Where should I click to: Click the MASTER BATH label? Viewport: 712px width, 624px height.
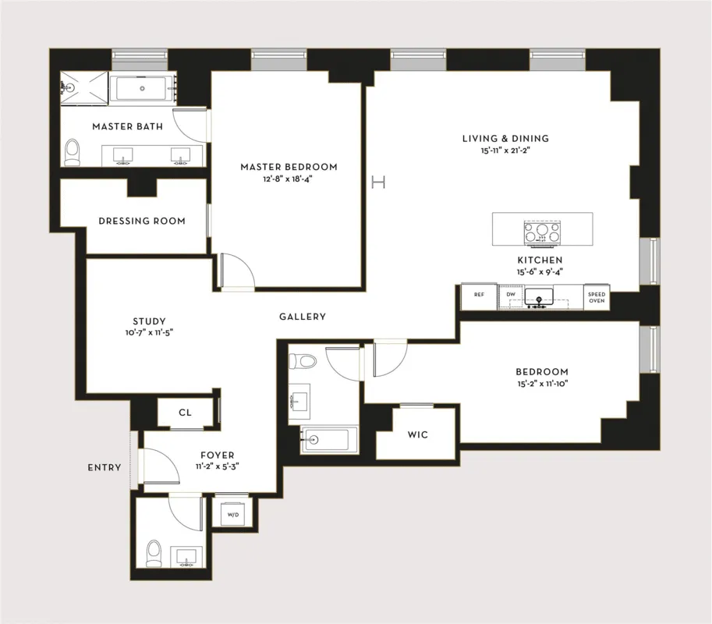tap(127, 126)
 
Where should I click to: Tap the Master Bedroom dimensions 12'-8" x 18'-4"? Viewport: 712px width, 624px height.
tap(289, 179)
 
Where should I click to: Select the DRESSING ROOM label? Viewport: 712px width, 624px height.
tap(142, 221)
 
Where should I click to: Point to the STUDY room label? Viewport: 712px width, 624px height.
tap(149, 321)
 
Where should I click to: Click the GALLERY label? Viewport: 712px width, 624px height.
tap(303, 317)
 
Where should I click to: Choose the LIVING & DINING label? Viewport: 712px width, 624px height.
tap(505, 139)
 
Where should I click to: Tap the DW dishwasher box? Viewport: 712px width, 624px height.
tap(511, 296)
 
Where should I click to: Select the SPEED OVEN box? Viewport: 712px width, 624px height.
tap(597, 296)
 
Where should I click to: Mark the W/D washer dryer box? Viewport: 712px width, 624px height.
tap(232, 516)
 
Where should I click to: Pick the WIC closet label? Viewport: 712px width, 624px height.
tap(418, 434)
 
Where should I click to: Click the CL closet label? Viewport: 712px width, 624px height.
tap(185, 413)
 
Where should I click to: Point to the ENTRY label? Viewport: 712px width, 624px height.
tap(104, 468)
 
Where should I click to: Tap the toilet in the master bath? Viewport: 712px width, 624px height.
tap(73, 151)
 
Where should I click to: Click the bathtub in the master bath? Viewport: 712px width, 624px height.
tap(143, 89)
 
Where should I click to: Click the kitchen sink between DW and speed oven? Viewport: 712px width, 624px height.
tap(538, 296)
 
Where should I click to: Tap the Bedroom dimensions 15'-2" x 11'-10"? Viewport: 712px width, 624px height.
tap(541, 384)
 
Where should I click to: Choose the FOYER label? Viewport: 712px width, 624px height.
tap(217, 456)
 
